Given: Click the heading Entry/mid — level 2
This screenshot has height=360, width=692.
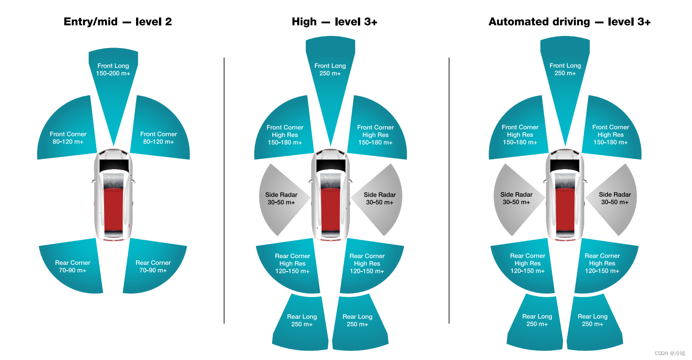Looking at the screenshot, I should pos(118,22).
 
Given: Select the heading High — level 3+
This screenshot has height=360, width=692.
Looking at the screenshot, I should pos(334,22).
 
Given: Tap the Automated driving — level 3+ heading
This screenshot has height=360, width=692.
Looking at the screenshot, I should pos(569,22).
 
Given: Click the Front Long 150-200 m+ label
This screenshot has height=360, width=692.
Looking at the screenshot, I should pos(113,70).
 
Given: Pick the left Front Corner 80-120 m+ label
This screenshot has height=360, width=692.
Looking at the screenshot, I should pos(68,138).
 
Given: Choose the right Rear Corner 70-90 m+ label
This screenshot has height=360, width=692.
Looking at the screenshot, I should pos(153,267).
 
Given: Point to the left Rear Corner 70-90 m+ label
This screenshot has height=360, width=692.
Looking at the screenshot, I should pos(72,267).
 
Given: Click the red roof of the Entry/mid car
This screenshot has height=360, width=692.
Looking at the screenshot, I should pos(113,209).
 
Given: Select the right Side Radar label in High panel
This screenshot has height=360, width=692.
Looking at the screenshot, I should pos(380,198).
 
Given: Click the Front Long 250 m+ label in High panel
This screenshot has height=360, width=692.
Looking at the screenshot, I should pos(330,70).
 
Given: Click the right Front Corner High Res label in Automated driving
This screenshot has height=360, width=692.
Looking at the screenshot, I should pos(611,135).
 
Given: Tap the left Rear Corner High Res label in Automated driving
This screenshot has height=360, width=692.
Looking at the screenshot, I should pos(528,263).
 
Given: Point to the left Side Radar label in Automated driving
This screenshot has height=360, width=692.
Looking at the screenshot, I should pos(516,198).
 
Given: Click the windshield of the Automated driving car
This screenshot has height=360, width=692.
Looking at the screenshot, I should pos(564,165).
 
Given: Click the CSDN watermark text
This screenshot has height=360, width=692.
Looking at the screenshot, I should pos(670,353).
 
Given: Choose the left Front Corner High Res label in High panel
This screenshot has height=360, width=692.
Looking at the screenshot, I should pos(285,135).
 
